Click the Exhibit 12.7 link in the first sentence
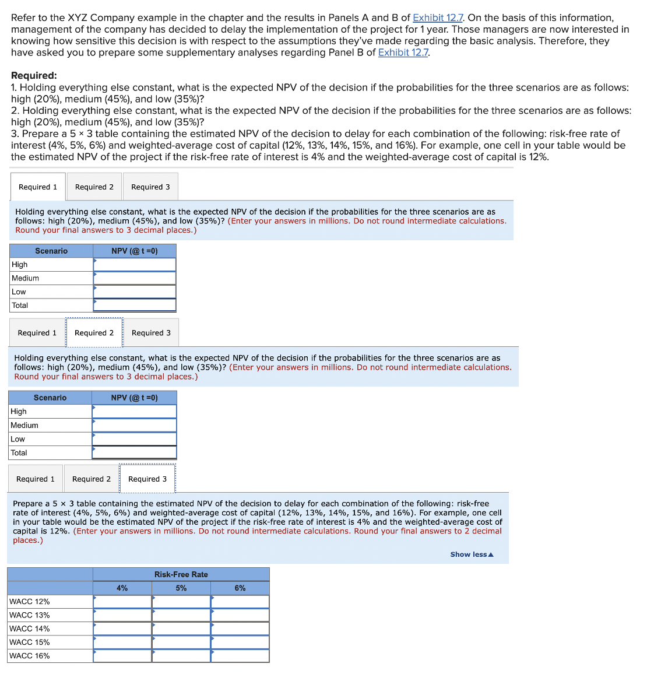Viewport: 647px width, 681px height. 438,17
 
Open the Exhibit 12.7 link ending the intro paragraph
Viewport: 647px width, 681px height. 403,52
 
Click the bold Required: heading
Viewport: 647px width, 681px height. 34,75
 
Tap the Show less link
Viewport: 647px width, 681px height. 472,554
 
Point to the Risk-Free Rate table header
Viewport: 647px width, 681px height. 181,574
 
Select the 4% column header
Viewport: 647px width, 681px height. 122,588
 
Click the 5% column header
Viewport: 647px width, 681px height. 181,588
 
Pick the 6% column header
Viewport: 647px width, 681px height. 240,588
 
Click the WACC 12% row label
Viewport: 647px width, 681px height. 30,602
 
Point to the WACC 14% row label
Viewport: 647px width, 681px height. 30,629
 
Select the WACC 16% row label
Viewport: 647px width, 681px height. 30,656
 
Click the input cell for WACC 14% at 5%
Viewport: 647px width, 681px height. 181,629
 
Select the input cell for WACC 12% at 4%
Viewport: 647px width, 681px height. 122,602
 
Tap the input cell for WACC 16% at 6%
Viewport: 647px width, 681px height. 240,656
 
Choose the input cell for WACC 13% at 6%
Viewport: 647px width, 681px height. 240,615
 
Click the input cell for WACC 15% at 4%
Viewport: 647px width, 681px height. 122,642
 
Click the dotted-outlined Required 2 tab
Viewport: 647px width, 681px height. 94,333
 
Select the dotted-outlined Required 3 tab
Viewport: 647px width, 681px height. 147,479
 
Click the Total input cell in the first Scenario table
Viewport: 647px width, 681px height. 135,305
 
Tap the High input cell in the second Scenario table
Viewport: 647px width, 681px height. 134,412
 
